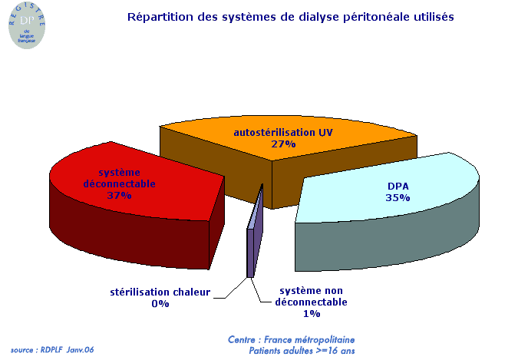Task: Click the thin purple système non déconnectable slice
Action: (x=252, y=246)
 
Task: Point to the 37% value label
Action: (x=119, y=196)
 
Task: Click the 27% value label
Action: (x=283, y=144)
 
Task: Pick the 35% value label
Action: (x=398, y=197)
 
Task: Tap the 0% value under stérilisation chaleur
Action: (x=160, y=303)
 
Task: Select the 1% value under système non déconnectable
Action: (x=312, y=313)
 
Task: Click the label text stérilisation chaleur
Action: (x=160, y=292)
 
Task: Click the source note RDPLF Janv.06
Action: (x=51, y=349)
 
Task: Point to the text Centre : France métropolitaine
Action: (x=291, y=339)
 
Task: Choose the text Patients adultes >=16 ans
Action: (x=301, y=351)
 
